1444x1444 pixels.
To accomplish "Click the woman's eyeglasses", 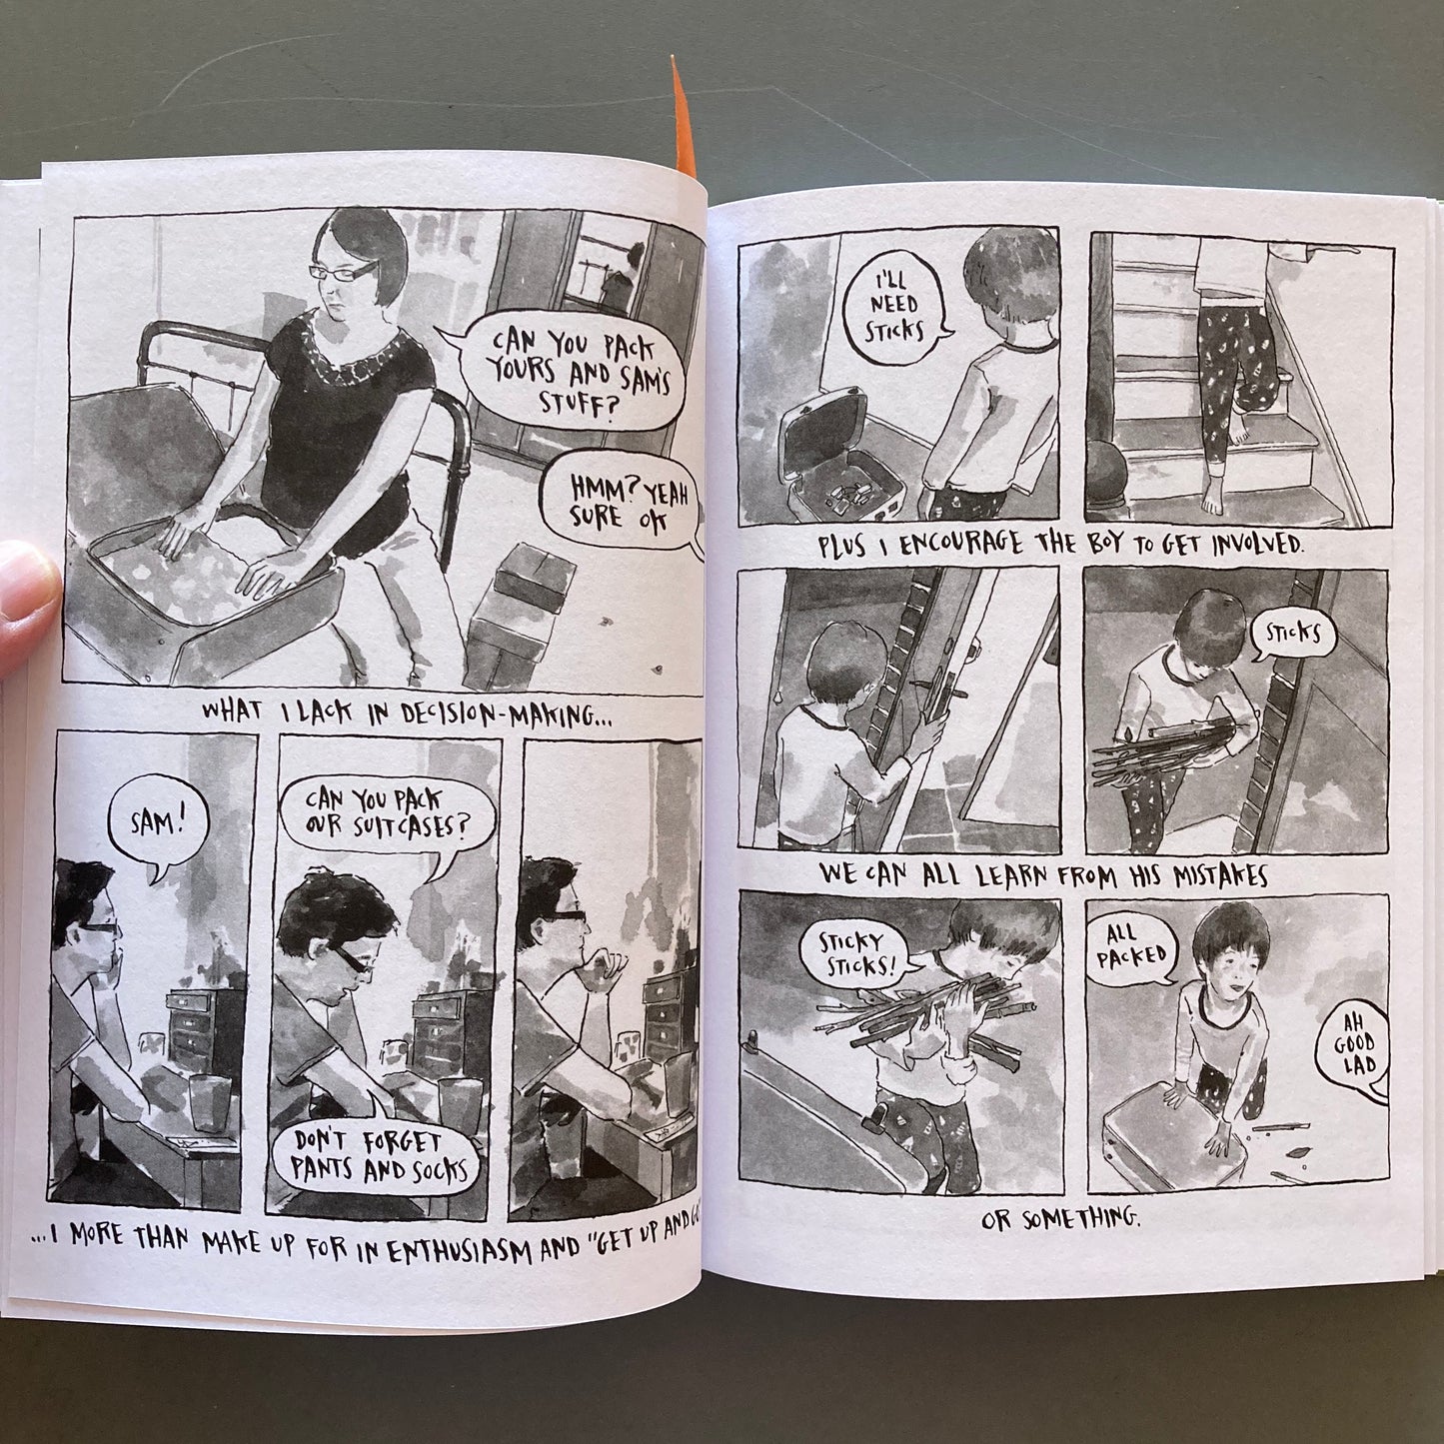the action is (x=342, y=271).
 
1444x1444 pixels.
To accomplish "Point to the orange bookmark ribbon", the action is (x=683, y=120).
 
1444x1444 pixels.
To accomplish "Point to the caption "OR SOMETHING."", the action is (x=1061, y=1221).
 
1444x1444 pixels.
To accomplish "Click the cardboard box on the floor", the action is (x=517, y=615).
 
